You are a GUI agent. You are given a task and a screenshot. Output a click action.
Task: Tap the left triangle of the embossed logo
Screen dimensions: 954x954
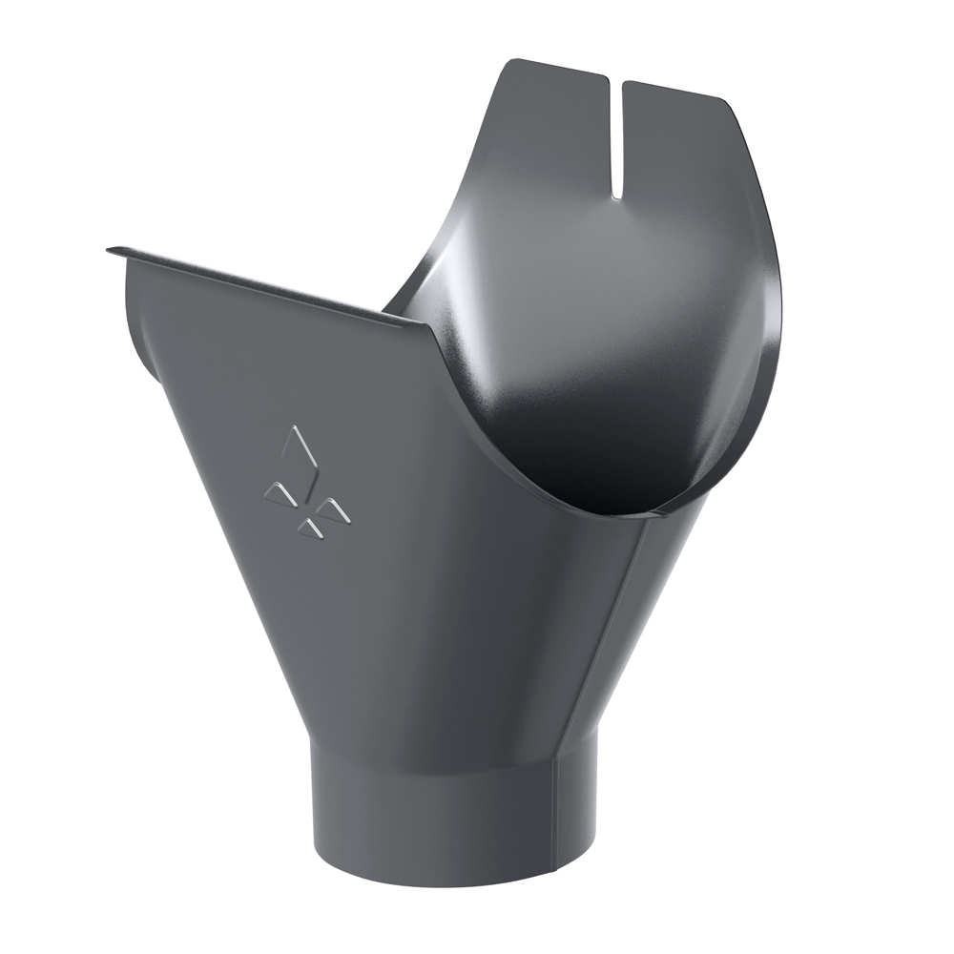[x=279, y=492]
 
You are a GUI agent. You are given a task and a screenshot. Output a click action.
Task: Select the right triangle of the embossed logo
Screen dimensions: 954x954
[x=333, y=511]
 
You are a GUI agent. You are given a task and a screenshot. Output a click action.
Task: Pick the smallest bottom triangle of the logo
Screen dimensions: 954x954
[x=309, y=526]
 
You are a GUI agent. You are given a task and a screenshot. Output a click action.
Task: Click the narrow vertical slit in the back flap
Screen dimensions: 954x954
[x=618, y=134]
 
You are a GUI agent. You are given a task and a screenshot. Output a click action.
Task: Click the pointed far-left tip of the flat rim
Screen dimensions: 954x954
[x=109, y=250]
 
